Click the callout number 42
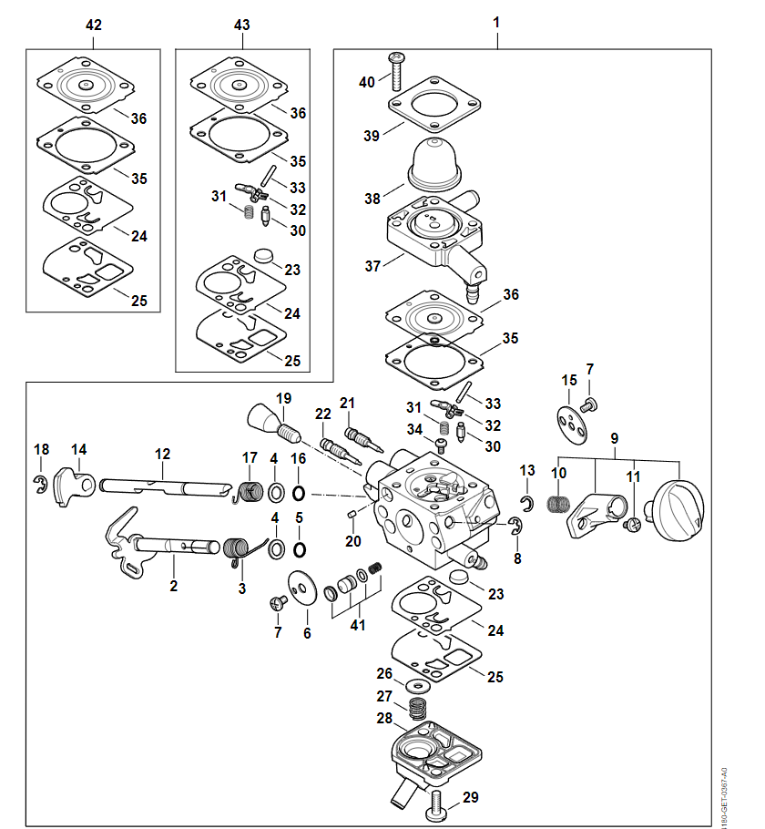(x=94, y=25)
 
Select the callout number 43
(x=241, y=25)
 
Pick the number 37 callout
(x=372, y=266)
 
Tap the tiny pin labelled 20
(x=352, y=515)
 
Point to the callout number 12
(x=162, y=453)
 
